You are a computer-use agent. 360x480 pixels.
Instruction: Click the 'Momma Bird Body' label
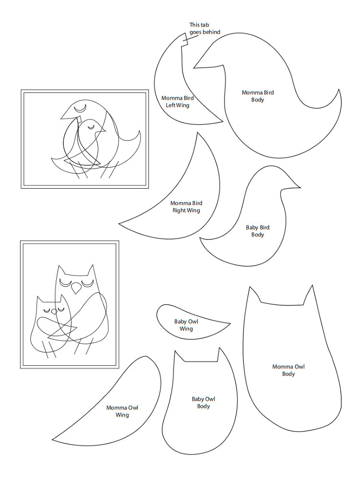pos(258,96)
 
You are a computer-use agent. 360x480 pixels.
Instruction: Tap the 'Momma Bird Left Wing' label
pos(178,102)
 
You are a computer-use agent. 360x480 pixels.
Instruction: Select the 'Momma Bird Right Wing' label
pos(186,206)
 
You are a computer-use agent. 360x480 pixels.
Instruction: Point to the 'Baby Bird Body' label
pos(257,231)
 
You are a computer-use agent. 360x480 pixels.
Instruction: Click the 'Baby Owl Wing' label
pos(186,325)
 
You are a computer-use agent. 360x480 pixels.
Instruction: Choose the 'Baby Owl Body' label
pos(203,403)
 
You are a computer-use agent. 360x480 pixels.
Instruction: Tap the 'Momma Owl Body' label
pos(288,370)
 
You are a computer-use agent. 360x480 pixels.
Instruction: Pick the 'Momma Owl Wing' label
pos(122,411)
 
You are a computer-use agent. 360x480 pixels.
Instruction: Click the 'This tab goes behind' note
pos(204,28)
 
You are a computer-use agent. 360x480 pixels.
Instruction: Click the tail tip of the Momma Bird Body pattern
pos(338,90)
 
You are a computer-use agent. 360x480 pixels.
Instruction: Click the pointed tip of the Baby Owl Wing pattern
pos(230,323)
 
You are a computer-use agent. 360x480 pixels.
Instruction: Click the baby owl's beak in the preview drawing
pos(54,312)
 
